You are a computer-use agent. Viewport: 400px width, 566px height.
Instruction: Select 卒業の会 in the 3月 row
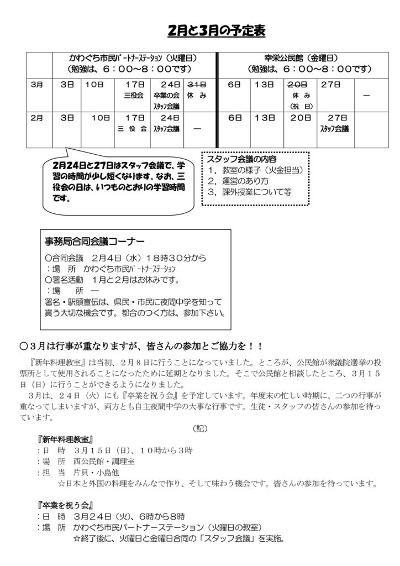click(166, 95)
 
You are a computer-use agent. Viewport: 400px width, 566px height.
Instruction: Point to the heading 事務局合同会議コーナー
click(94, 242)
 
